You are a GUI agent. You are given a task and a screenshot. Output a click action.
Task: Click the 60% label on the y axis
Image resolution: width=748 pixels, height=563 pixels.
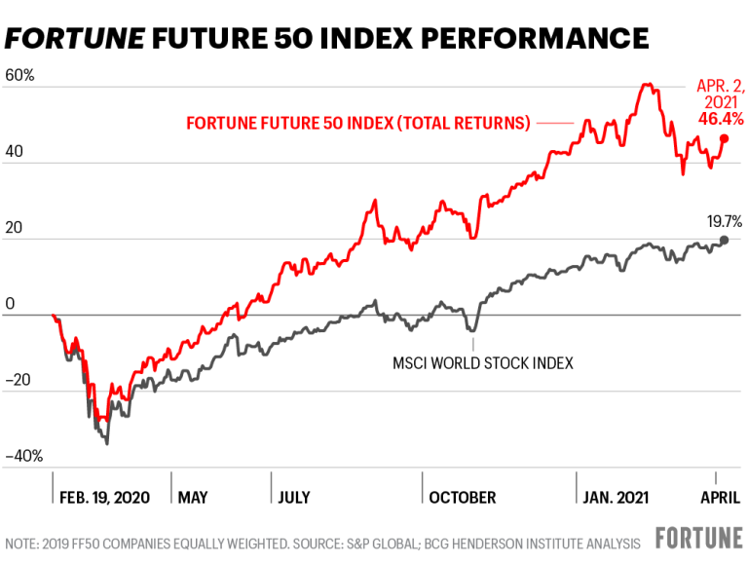coord(19,75)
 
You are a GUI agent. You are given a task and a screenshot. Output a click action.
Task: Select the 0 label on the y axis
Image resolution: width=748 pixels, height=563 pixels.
coord(9,305)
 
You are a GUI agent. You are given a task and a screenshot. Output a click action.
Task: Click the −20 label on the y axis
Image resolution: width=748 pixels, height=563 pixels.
coord(19,381)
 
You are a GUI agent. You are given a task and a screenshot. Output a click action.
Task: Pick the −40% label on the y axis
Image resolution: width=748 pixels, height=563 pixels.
coord(23,457)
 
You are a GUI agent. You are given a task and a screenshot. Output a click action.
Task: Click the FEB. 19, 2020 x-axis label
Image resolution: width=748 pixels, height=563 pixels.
coord(104,498)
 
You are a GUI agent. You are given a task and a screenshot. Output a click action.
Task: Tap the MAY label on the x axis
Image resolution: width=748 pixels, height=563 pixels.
coord(193,498)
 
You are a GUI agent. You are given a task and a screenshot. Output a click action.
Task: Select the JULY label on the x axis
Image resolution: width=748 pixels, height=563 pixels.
coord(293,498)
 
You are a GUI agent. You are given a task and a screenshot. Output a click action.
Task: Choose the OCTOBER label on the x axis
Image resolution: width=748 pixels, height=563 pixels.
coord(462,498)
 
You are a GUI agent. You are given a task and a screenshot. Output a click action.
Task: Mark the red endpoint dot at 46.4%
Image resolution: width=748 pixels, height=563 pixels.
coord(724,138)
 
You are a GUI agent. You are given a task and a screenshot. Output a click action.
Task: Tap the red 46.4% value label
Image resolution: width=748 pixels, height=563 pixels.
coord(721,119)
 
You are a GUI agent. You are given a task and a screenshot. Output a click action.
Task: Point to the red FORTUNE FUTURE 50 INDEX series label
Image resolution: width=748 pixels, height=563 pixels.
coord(357,124)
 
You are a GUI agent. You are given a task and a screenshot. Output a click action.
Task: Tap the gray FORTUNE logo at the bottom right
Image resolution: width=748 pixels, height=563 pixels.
coord(693,539)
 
